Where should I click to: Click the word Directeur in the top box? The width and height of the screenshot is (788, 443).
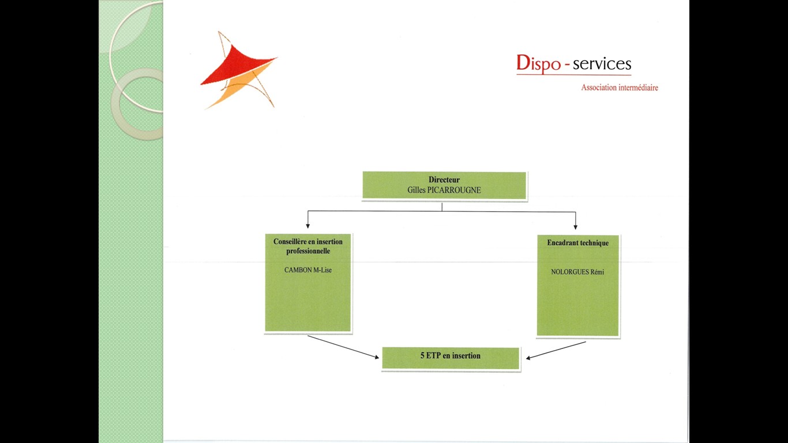[444, 179]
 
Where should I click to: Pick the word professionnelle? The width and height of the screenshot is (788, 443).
[308, 251]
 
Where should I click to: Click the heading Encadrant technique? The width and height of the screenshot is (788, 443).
[577, 243]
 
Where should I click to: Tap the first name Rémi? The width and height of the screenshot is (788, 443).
[597, 272]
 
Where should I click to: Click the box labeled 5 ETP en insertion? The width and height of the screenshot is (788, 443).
[451, 358]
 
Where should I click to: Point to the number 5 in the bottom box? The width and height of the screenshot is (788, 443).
[422, 355]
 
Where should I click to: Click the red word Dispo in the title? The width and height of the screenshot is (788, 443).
[539, 63]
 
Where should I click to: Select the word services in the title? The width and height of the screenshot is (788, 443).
[602, 63]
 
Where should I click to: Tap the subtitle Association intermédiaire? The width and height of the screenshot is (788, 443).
[620, 88]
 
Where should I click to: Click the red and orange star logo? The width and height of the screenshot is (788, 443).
[239, 70]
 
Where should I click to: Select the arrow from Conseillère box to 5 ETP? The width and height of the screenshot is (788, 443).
[343, 347]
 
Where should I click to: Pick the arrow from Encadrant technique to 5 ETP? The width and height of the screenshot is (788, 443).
[556, 351]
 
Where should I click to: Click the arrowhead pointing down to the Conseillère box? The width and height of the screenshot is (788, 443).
[308, 226]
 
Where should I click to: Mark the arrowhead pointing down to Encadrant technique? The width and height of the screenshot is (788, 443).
[576, 227]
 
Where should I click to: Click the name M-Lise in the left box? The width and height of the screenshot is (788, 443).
[322, 270]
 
